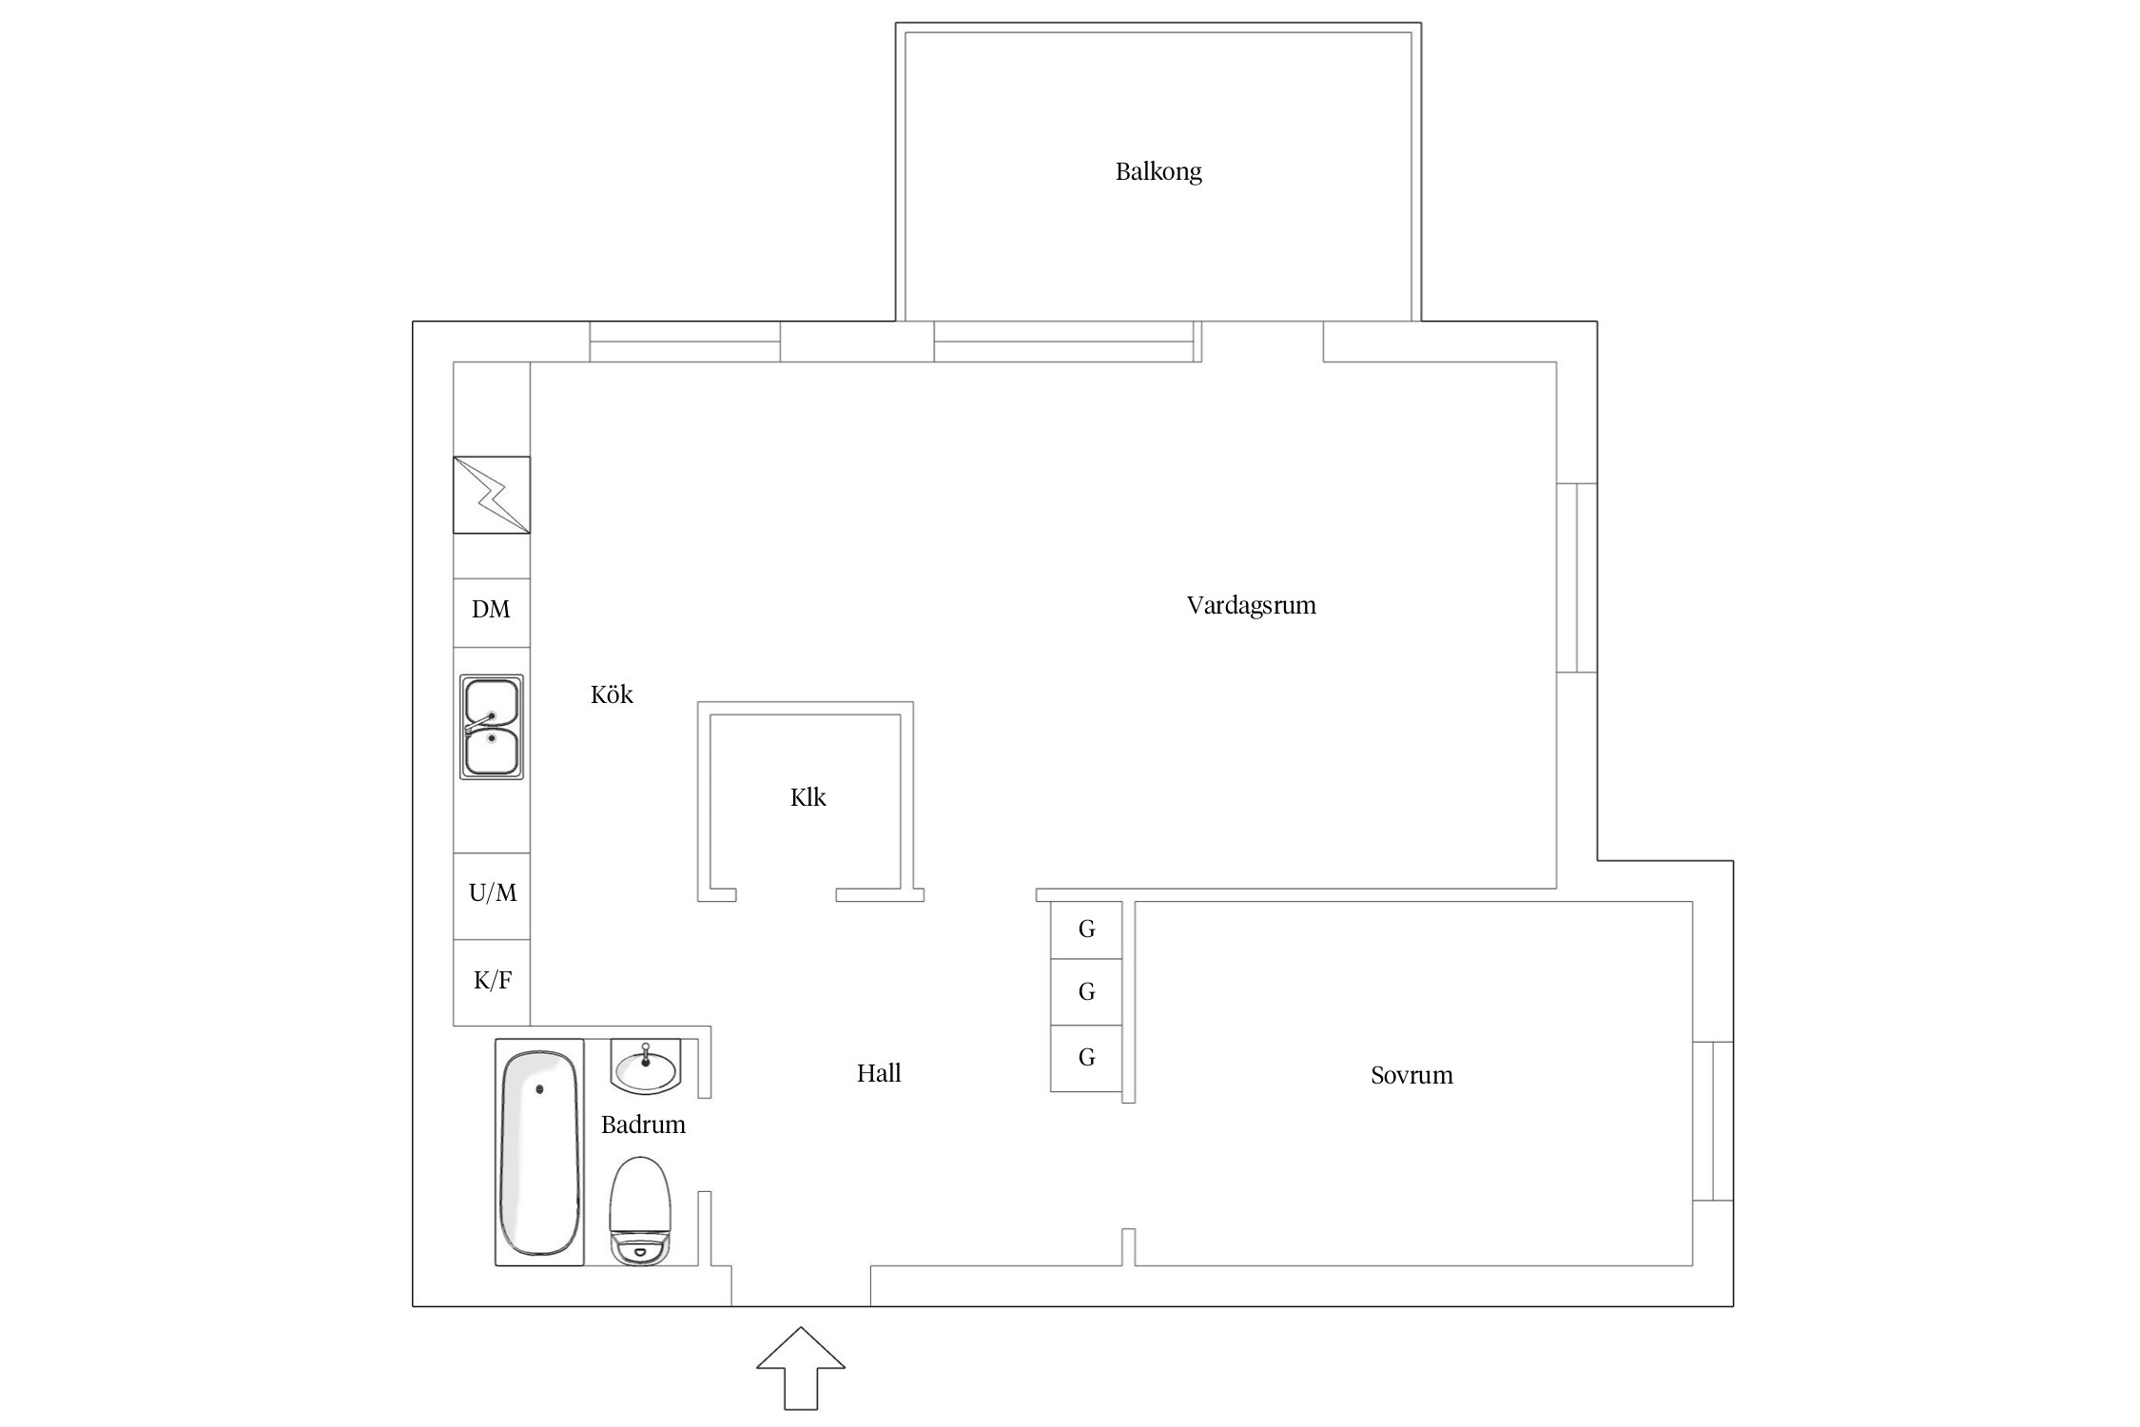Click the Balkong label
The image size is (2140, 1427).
pyautogui.click(x=1158, y=172)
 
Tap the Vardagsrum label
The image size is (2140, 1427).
pyautogui.click(x=1251, y=605)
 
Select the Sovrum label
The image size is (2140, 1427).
pyautogui.click(x=1411, y=1075)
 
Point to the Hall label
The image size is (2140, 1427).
pyautogui.click(x=879, y=1073)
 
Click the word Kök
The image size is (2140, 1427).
pyautogui.click(x=612, y=694)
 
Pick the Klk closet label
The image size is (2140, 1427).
pyautogui.click(x=807, y=797)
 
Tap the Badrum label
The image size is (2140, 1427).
pyautogui.click(x=643, y=1124)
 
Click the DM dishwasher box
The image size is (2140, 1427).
pyautogui.click(x=491, y=613)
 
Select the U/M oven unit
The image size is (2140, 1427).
pyautogui.click(x=491, y=896)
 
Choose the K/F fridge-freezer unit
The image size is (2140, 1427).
pyautogui.click(x=491, y=983)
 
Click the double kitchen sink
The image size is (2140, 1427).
pyautogui.click(x=492, y=727)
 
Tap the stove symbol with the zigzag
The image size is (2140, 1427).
pyautogui.click(x=491, y=495)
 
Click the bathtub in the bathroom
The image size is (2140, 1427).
pyautogui.click(x=539, y=1152)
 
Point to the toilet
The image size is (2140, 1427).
pyautogui.click(x=640, y=1211)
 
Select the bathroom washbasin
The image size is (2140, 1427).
pyautogui.click(x=646, y=1066)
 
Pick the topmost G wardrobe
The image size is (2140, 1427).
pyautogui.click(x=1086, y=929)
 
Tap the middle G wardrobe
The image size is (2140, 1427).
pyautogui.click(x=1086, y=992)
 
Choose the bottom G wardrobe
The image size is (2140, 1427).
pyautogui.click(x=1086, y=1058)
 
